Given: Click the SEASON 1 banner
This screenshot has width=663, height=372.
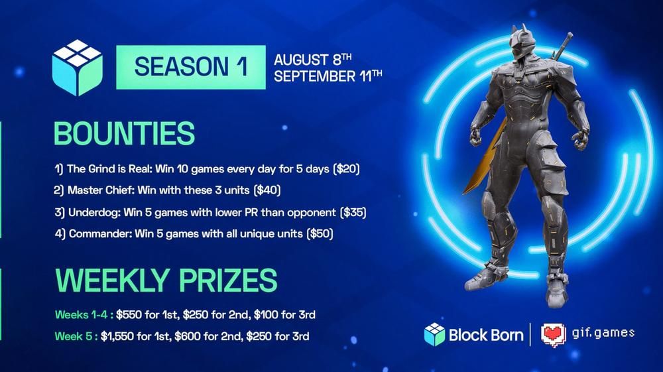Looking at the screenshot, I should click(x=190, y=67).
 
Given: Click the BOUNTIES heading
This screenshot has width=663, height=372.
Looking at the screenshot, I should click(x=124, y=133).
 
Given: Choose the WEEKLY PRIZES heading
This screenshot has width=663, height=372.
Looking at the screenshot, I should click(x=165, y=279).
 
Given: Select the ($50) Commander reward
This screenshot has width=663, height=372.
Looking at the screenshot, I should click(x=318, y=233).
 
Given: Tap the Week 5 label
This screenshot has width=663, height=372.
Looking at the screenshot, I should click(x=73, y=336).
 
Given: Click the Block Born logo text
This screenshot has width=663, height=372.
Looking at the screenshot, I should click(x=485, y=334).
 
